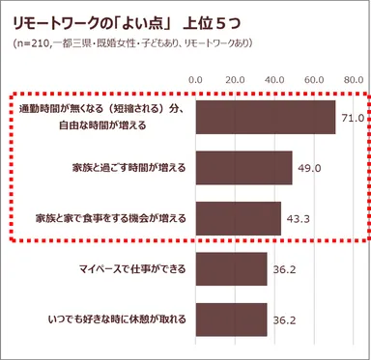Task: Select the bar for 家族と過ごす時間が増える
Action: (243, 167)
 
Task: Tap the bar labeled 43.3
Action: (238, 217)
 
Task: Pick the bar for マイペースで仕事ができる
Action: (231, 268)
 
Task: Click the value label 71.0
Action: (351, 118)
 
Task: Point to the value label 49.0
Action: (308, 168)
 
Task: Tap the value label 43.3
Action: (297, 218)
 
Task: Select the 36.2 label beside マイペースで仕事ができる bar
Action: (283, 269)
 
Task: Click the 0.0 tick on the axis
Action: (195, 79)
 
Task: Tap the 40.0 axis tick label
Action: (274, 79)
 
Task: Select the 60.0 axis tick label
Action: (313, 79)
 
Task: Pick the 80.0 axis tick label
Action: (352, 79)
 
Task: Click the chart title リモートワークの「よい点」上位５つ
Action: (117, 20)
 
